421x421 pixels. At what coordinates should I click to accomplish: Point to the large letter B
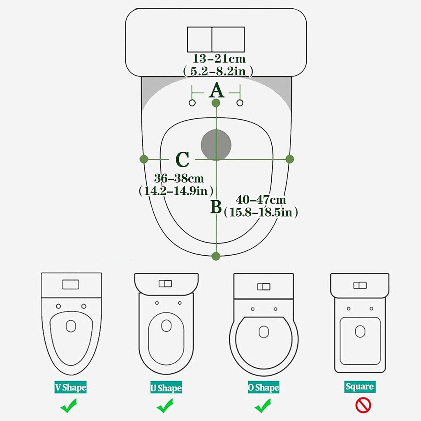(x=216, y=207)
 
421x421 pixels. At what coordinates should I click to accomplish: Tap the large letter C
(x=182, y=160)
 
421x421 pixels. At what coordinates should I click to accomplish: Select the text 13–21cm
(x=219, y=58)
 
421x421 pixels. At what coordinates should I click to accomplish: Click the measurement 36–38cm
(x=179, y=178)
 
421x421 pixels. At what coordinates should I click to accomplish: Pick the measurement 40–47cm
(x=261, y=200)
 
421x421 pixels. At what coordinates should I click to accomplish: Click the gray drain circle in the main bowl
(x=216, y=145)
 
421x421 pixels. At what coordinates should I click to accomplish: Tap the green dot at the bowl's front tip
(x=216, y=256)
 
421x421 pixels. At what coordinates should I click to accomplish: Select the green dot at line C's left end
(x=144, y=159)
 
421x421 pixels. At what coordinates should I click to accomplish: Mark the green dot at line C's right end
(x=290, y=159)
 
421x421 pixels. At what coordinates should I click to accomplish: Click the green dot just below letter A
(x=216, y=103)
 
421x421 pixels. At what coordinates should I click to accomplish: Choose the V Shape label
(x=71, y=387)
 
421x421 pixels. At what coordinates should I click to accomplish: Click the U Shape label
(x=166, y=387)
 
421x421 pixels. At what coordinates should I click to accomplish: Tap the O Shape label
(x=264, y=387)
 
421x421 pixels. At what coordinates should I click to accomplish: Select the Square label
(x=360, y=386)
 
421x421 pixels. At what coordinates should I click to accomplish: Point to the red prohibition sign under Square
(x=363, y=405)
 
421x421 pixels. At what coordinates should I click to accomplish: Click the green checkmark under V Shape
(x=69, y=406)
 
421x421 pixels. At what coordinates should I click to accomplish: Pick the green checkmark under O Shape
(x=263, y=406)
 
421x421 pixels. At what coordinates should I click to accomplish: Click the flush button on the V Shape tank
(x=71, y=285)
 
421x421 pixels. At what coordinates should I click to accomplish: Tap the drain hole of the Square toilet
(x=360, y=331)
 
